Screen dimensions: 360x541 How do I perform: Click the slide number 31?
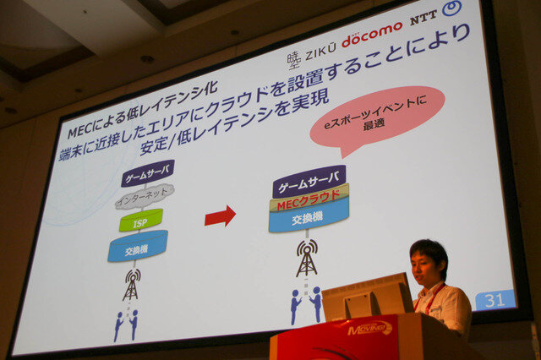coord(495,300)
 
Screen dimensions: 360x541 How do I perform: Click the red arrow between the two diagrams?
coord(220,216)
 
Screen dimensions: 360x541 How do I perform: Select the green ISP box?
coord(140,221)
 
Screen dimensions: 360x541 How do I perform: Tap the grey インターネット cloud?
coord(144,196)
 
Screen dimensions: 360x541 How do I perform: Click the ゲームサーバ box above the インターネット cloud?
coord(147,173)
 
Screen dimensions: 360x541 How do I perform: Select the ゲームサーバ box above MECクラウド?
coord(309,179)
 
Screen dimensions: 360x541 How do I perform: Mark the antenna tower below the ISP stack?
coord(131,284)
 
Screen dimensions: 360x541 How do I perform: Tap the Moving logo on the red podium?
coord(370,328)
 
